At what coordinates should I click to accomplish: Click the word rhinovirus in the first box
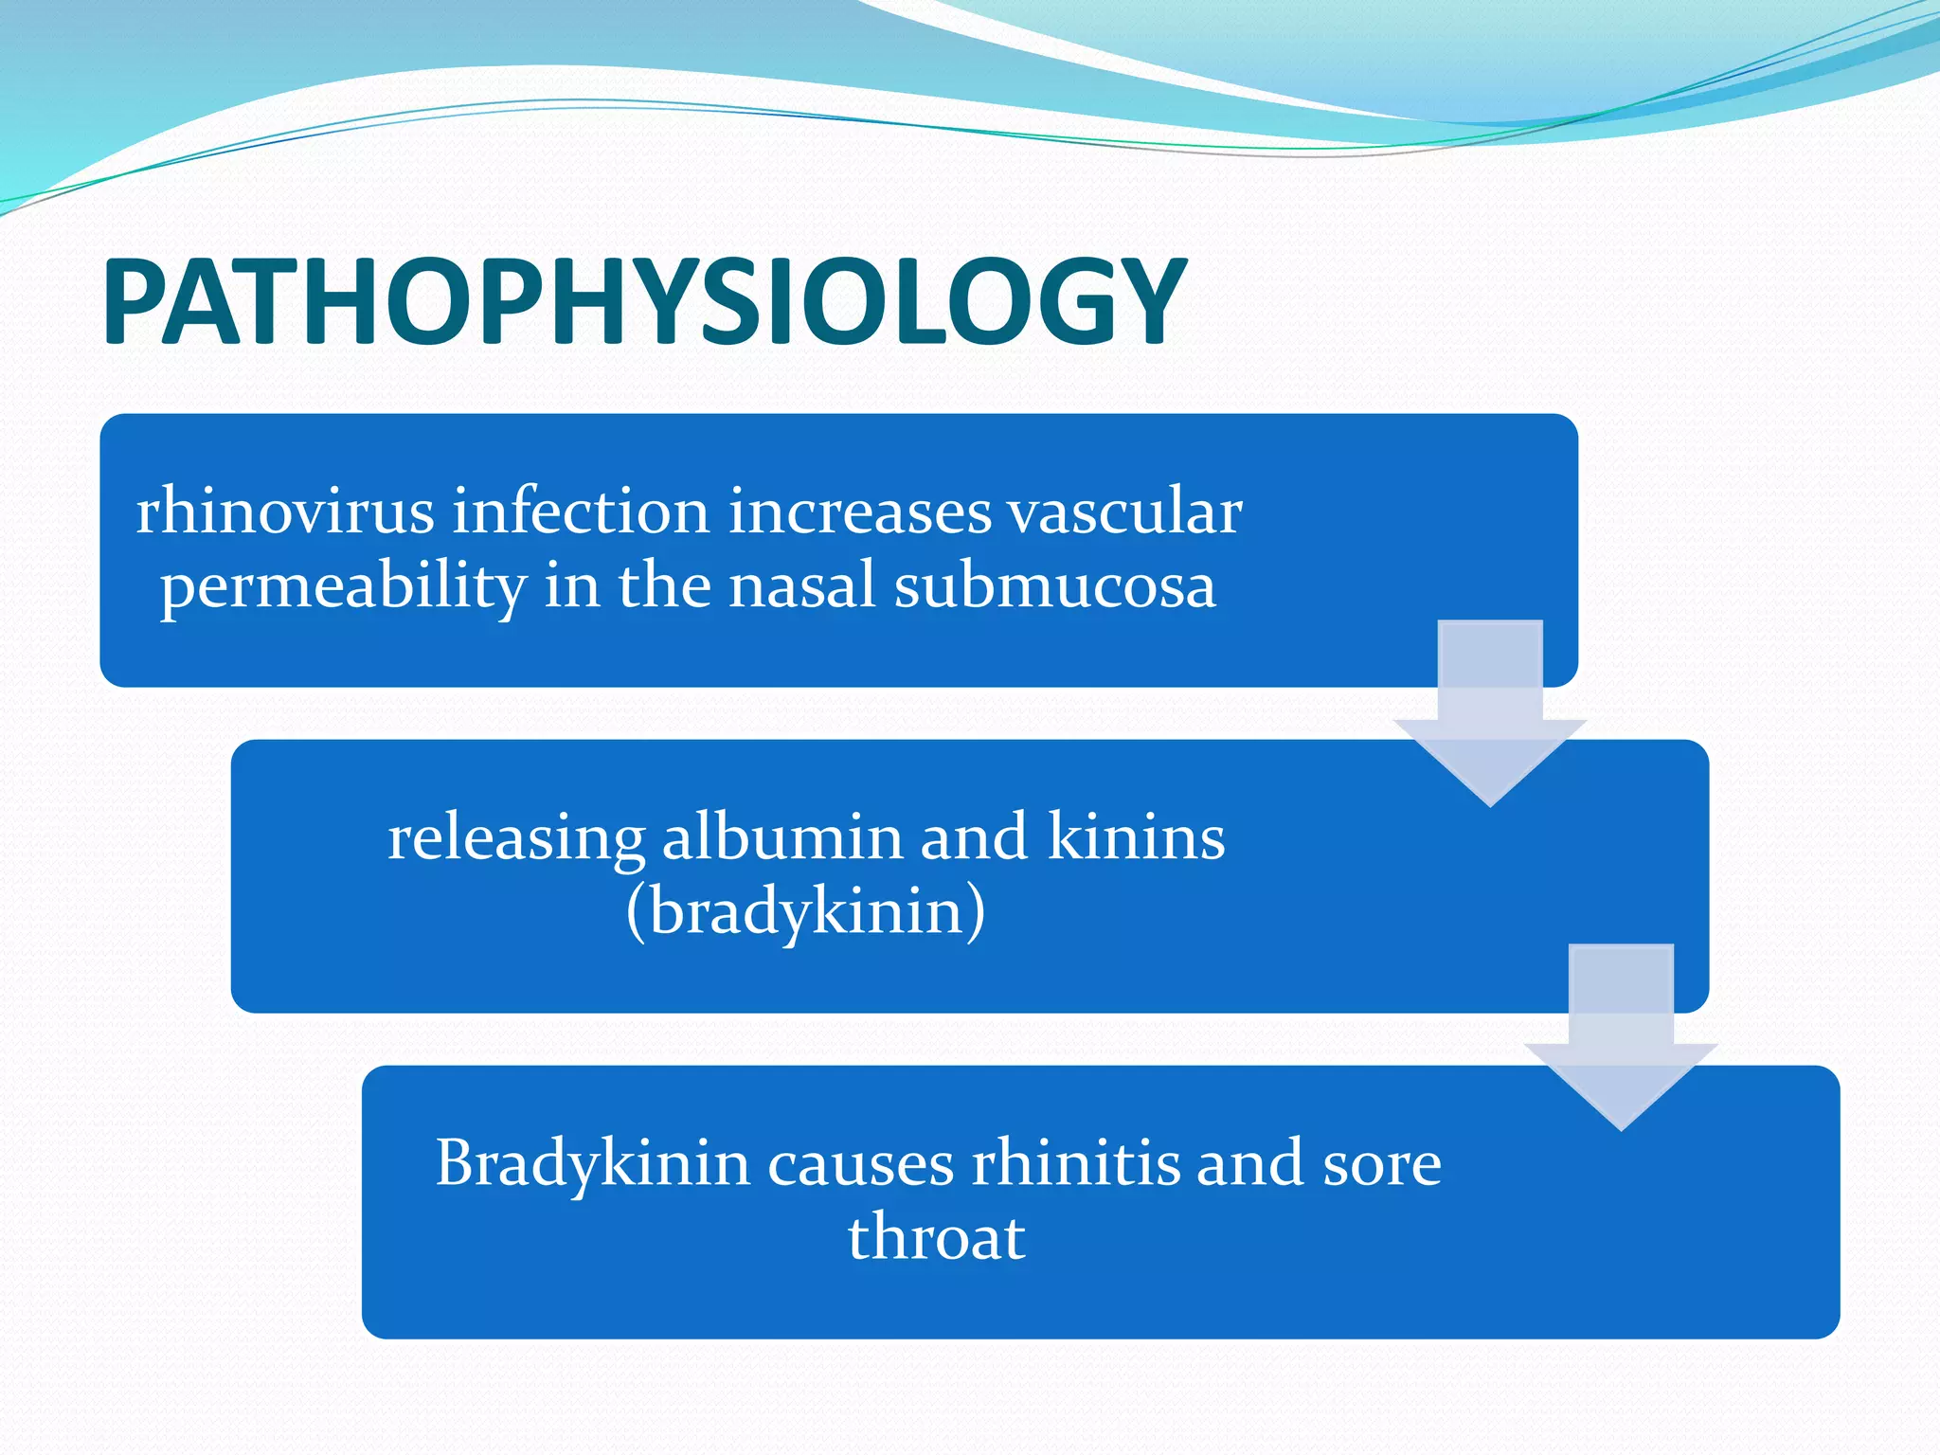(x=285, y=512)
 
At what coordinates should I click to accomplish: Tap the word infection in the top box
(x=580, y=512)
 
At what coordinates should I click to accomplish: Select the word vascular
(x=1123, y=512)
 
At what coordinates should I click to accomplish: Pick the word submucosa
(x=1054, y=585)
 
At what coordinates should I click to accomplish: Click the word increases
(x=860, y=512)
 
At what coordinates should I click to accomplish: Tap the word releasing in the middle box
(x=515, y=839)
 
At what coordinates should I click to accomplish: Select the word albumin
(x=781, y=837)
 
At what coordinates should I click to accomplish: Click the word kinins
(x=1136, y=837)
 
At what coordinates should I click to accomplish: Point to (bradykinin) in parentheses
(x=805, y=913)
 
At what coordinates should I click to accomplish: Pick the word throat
(x=936, y=1237)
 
